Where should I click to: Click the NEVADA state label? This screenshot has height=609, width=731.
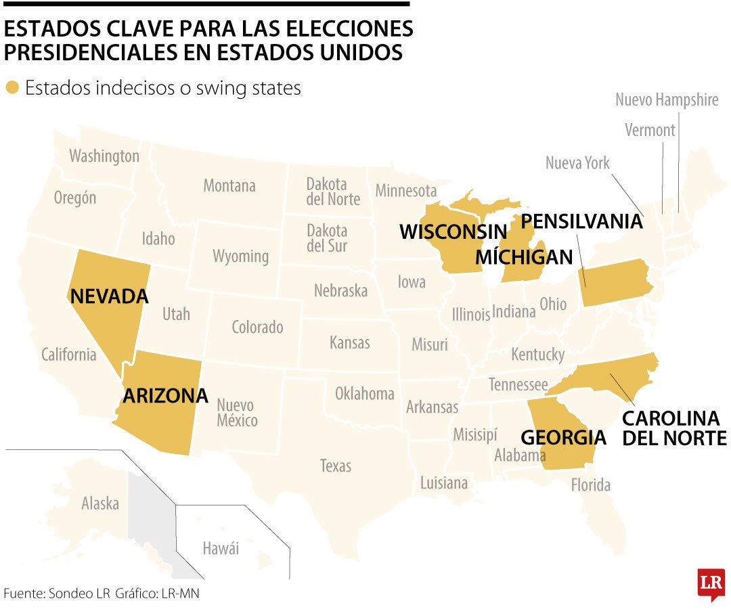click(109, 296)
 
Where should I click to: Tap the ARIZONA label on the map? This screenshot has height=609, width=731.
click(165, 396)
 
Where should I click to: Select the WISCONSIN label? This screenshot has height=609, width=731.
click(453, 231)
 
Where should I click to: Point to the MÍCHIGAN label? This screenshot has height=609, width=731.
click(524, 257)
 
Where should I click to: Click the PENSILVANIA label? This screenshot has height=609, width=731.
click(581, 221)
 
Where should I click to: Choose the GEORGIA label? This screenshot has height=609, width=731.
click(563, 436)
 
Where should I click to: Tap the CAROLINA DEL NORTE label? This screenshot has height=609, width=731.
click(674, 428)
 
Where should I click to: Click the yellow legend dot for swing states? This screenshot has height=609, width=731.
click(12, 88)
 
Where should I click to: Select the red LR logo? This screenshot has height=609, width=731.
click(711, 583)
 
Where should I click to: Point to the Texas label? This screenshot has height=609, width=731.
click(336, 466)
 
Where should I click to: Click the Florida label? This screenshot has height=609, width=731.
click(590, 484)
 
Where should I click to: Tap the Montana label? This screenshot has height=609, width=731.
click(229, 185)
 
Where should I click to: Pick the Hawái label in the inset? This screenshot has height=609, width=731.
click(221, 548)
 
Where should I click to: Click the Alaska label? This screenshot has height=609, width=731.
click(100, 503)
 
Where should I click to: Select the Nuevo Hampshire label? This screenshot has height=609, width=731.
click(667, 100)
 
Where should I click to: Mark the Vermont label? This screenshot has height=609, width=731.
click(650, 130)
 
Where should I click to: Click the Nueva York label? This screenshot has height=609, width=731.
click(577, 163)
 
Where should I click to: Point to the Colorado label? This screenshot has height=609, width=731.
click(257, 328)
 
